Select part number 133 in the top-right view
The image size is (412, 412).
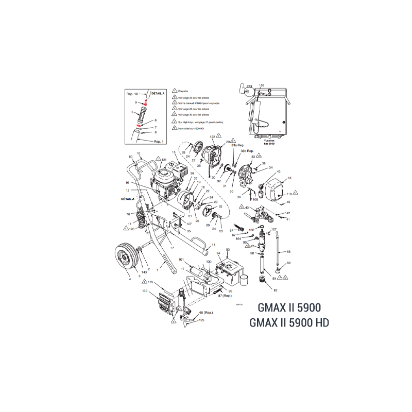pyautogui.click(x=262, y=85)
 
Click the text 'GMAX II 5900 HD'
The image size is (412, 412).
pyautogui.click(x=289, y=323)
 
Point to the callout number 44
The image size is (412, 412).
pyautogui.click(x=289, y=178)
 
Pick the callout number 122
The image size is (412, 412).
pyautogui.click(x=212, y=135)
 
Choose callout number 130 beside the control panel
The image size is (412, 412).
pyautogui.click(x=145, y=291)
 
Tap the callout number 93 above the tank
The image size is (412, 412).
pyautogui.click(x=228, y=249)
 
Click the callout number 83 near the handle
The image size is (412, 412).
pyautogui.click(x=131, y=156)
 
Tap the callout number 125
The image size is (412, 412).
pyautogui.click(x=201, y=320)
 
